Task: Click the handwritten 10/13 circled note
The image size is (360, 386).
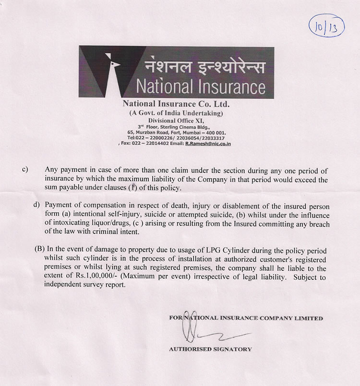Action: point(326,24)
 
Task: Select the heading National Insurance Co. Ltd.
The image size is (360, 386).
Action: point(177,104)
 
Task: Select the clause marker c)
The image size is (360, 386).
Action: point(25,169)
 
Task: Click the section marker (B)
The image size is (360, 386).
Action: point(40,251)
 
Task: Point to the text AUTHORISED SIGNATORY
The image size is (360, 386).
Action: point(210,350)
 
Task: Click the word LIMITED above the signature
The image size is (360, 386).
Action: point(311,318)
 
